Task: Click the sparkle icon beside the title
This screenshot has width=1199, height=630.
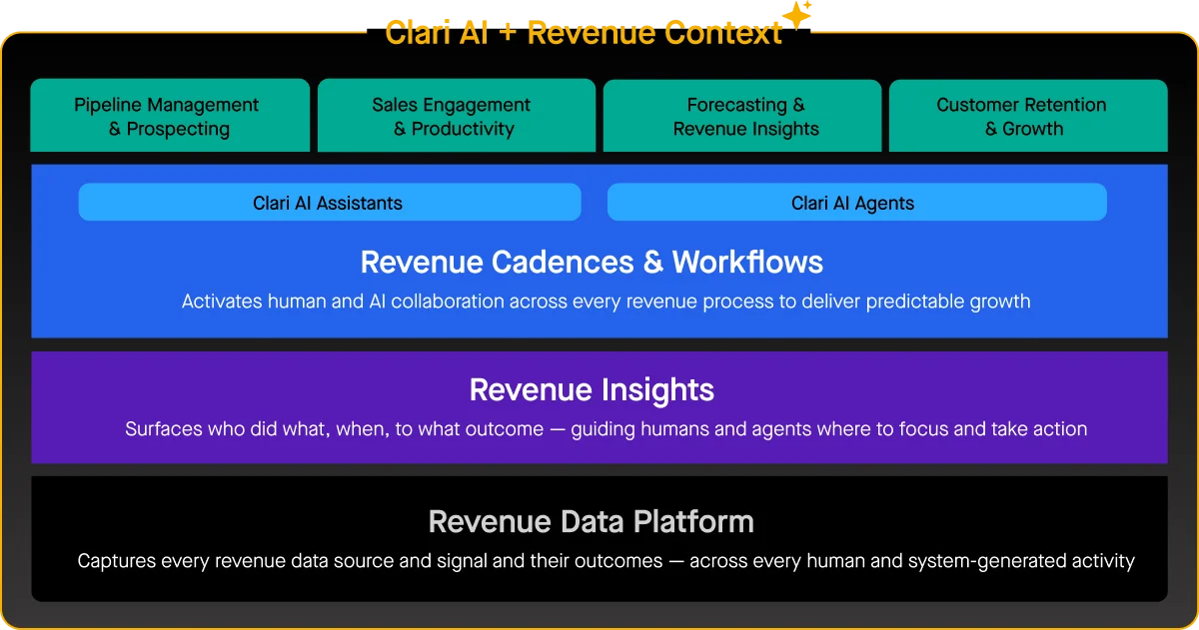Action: (x=798, y=15)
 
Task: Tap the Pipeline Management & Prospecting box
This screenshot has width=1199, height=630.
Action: (x=170, y=116)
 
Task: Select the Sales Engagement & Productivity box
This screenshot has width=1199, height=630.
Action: (x=456, y=116)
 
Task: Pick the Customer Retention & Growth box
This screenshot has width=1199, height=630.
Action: (x=1028, y=116)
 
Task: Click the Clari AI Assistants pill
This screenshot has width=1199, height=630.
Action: (x=329, y=203)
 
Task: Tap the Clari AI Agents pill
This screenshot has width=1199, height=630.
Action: (x=856, y=203)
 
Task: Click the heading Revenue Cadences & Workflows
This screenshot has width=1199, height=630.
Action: (x=592, y=263)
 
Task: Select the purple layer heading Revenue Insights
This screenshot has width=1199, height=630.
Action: (x=592, y=389)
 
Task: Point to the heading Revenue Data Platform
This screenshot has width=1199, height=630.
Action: (x=592, y=521)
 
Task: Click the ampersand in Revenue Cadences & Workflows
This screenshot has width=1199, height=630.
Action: (x=652, y=263)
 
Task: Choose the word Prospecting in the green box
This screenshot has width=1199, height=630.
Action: (x=179, y=129)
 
